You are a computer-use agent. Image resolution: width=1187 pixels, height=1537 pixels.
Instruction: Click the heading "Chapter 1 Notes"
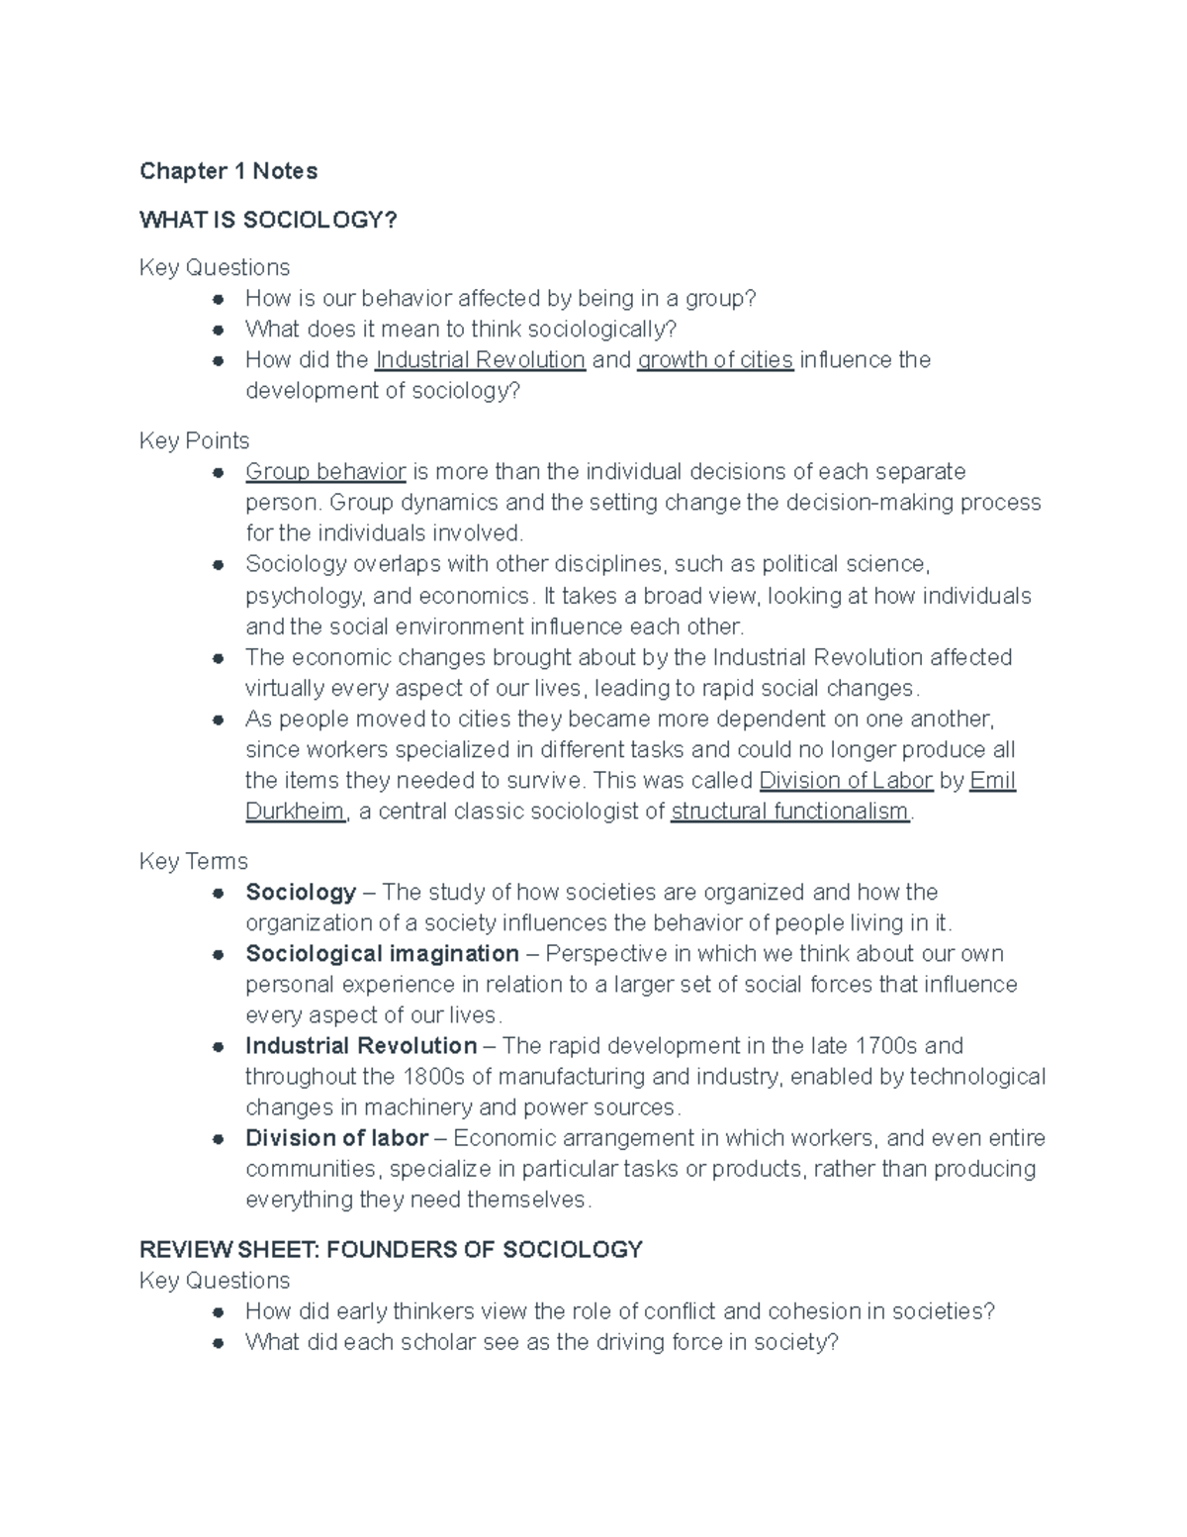228,171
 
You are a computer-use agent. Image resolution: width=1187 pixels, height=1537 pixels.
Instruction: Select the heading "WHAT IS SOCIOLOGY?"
268,220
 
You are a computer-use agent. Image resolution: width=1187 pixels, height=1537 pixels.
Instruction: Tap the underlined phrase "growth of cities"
715,360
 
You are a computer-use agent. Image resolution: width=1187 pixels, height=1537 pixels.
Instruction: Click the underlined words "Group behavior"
325,472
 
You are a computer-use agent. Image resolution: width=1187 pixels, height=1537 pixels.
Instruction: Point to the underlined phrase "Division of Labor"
846,781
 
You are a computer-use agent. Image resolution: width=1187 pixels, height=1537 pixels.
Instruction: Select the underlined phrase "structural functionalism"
789,812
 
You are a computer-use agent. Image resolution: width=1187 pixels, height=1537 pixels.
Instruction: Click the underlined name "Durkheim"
295,812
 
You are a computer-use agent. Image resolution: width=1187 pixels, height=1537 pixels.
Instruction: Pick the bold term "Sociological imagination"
382,954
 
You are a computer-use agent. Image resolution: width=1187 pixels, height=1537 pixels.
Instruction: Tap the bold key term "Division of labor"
336,1138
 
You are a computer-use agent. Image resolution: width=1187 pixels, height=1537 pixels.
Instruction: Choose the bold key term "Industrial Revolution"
361,1046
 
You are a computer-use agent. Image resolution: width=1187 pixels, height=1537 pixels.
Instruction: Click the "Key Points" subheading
194,441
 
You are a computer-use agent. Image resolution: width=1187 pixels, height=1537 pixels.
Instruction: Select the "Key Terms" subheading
193,862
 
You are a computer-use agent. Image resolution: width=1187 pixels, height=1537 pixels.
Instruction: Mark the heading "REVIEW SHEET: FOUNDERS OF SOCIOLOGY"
391,1250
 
